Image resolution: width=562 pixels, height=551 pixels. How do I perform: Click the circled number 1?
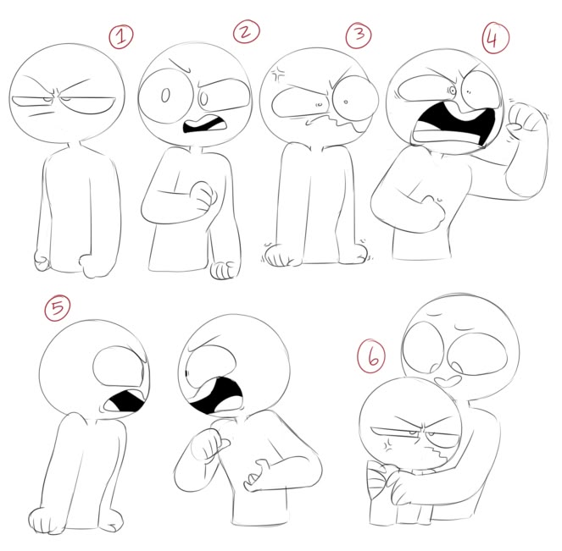(x=121, y=36)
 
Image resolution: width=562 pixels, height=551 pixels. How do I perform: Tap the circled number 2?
(x=246, y=31)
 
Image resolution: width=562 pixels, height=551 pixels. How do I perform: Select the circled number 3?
(x=359, y=35)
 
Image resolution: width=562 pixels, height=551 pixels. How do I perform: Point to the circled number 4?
(x=496, y=38)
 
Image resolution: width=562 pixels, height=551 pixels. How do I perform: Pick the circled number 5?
(x=58, y=308)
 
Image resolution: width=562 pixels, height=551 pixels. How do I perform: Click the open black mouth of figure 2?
(x=205, y=125)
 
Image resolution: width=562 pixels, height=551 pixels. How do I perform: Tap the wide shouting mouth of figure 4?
(x=454, y=125)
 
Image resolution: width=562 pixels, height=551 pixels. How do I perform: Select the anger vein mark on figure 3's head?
(x=278, y=74)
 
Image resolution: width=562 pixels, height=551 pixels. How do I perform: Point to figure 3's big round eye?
(x=355, y=99)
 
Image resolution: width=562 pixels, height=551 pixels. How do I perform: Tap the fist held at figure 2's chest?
(x=203, y=196)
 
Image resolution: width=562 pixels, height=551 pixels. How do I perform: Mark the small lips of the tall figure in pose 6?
(x=448, y=381)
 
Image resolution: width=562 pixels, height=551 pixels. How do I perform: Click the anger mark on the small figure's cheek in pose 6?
(x=388, y=444)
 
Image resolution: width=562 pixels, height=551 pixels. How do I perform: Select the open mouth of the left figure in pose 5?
(x=125, y=401)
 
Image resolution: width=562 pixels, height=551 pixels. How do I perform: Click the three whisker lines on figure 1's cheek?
(x=40, y=114)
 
